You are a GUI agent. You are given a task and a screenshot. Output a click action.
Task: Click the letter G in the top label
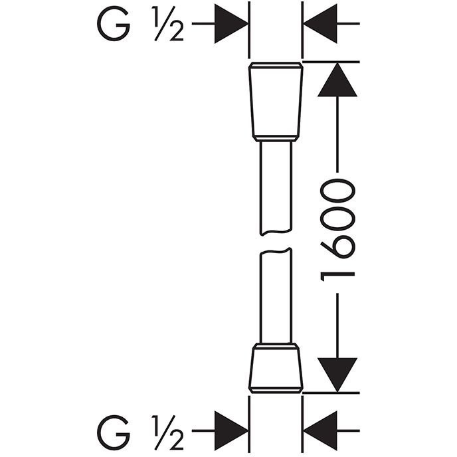(x=114, y=24)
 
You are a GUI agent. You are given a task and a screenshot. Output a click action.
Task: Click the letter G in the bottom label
(x=114, y=432)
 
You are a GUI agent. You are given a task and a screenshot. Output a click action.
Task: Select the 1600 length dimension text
(x=337, y=230)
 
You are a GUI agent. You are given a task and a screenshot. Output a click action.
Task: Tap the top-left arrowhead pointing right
(x=231, y=24)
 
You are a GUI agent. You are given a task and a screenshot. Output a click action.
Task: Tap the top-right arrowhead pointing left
(x=320, y=24)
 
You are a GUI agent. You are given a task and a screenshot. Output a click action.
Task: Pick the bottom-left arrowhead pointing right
(x=231, y=430)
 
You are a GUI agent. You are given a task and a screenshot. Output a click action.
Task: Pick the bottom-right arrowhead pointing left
(x=320, y=430)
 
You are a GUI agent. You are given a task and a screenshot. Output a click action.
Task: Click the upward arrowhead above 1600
(x=337, y=80)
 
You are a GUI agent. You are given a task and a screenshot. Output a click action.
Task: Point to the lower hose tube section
(x=276, y=296)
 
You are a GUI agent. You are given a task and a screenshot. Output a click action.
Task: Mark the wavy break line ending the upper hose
(x=276, y=232)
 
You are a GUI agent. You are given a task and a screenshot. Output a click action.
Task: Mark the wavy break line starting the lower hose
(x=276, y=250)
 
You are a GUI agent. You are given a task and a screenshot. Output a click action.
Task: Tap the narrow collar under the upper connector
(x=276, y=139)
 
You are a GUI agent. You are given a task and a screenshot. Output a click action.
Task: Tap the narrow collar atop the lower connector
(x=276, y=346)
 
